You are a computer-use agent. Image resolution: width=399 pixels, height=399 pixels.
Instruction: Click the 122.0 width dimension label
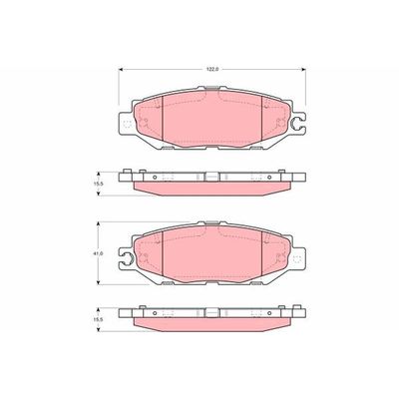click(211, 68)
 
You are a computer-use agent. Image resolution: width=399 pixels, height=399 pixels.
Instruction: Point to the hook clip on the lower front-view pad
click(123, 263)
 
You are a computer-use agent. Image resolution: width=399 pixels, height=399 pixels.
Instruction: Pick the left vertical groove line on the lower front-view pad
click(162, 261)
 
